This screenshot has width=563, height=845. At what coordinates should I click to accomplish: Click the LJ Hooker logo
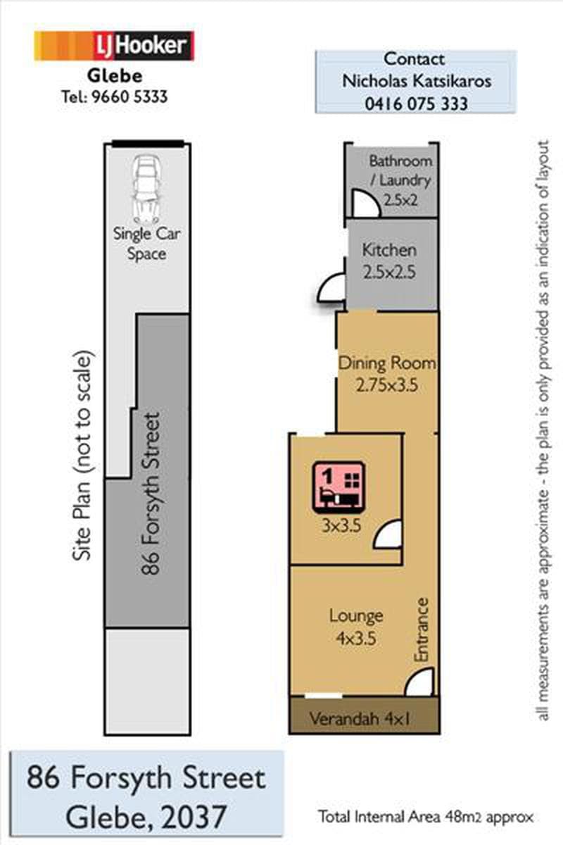tap(114, 46)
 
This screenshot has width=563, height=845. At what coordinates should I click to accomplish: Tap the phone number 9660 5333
tap(129, 97)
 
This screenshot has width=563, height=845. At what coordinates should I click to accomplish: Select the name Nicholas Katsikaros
tap(417, 81)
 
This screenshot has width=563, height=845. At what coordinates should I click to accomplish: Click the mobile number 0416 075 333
tap(417, 104)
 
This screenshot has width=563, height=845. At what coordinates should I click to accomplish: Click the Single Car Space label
tap(146, 244)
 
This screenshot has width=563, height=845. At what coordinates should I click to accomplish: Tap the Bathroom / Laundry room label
tap(400, 170)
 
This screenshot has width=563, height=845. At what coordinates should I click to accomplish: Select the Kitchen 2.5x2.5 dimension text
tap(389, 272)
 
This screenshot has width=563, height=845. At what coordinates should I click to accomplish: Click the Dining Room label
tap(387, 363)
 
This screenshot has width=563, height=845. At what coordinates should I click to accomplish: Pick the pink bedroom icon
tap(339, 487)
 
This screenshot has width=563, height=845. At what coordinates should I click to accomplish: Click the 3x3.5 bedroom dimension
tap(341, 525)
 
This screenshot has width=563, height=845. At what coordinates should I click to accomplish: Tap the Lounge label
tap(356, 615)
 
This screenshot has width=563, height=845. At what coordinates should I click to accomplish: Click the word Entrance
tap(422, 630)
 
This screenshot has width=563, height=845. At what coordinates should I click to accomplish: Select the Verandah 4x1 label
tap(359, 718)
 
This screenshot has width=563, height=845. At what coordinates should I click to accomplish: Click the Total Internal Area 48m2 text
tap(426, 817)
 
